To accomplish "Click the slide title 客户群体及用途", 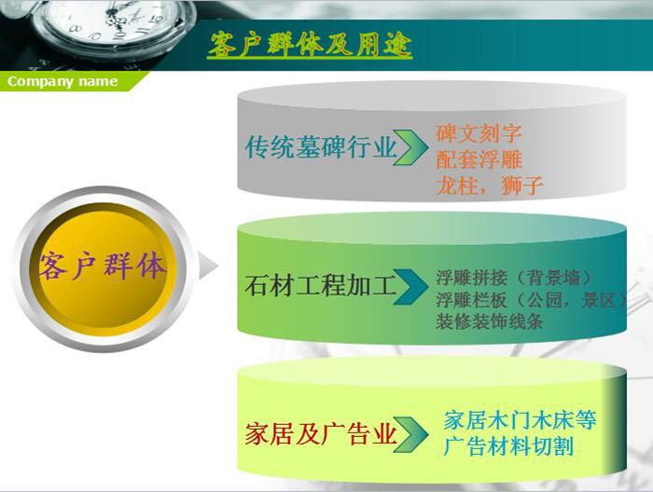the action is coord(310,45).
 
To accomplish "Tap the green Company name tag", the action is coord(71,81).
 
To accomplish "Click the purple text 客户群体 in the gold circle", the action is coord(102,266).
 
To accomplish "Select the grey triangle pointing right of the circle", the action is coord(207,265).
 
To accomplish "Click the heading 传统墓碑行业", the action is coord(321,147).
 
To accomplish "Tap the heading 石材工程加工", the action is coord(321,286).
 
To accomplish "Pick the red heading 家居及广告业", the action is coord(321,434).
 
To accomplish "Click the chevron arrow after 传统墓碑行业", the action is coord(411,147).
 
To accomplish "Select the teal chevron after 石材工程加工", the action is coord(410,287).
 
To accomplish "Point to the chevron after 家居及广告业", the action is coord(410,434).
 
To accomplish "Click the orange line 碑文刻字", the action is coord(479,133).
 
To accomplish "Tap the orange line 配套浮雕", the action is coord(479,159).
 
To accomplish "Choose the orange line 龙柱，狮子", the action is coord(490,185).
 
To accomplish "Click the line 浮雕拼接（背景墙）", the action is coord(514,278).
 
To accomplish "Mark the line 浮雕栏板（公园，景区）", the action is coord(532,299).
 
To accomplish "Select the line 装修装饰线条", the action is coord(490,321).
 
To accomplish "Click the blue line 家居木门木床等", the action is coord(521,420).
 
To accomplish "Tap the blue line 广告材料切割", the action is coord(509,446).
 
